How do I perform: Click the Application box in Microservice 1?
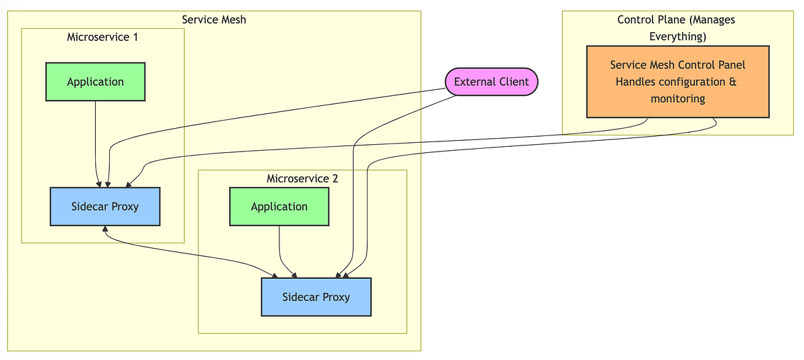(x=95, y=82)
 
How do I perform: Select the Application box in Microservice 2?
(x=279, y=206)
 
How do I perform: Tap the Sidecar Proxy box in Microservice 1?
(x=105, y=206)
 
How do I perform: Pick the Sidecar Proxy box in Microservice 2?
(x=316, y=297)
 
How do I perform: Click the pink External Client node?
(x=491, y=82)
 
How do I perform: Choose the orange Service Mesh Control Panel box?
(x=677, y=82)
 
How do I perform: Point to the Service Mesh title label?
(x=214, y=19)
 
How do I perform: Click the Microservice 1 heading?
(x=103, y=37)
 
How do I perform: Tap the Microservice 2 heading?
(x=302, y=178)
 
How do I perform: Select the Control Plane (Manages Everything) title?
(x=677, y=27)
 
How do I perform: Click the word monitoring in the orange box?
(x=677, y=99)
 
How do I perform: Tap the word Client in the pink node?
(x=513, y=82)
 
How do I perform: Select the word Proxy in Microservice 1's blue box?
(x=125, y=206)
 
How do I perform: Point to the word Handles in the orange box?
(x=636, y=82)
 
